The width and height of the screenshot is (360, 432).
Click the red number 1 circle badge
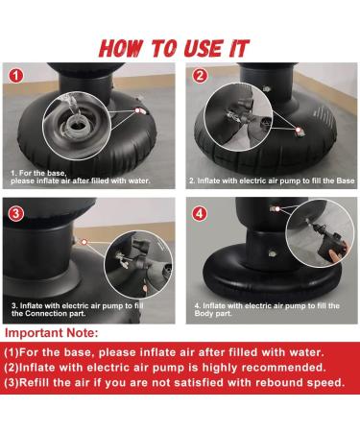[15, 76]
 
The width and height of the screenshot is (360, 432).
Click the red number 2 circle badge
[200, 76]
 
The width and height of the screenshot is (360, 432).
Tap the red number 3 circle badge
[15, 213]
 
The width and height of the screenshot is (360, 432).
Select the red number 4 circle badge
[199, 213]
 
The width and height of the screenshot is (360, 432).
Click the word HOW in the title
[120, 49]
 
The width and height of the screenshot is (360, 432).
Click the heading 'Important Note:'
[52, 333]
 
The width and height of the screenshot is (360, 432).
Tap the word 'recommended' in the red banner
[283, 368]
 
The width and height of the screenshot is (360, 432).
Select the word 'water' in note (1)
[306, 352]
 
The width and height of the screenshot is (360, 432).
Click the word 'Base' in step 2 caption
[346, 180]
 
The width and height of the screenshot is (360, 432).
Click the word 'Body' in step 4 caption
[203, 314]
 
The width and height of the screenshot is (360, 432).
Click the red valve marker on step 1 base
[137, 110]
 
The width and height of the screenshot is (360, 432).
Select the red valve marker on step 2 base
[299, 130]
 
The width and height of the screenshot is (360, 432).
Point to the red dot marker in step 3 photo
[84, 242]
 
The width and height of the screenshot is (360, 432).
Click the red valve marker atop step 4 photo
[277, 209]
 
